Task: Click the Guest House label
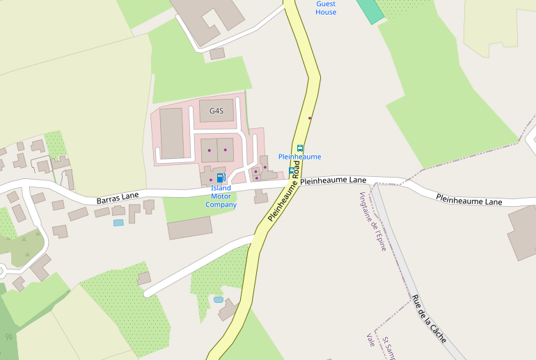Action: click(x=326, y=8)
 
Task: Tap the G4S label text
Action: click(x=216, y=111)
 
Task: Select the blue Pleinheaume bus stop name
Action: click(x=299, y=157)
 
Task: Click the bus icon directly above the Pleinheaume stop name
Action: click(x=300, y=148)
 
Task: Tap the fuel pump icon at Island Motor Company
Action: click(x=220, y=178)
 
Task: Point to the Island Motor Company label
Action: click(x=221, y=196)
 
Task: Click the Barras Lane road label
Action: click(x=118, y=198)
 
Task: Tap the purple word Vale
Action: click(x=370, y=339)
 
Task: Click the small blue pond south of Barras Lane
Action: click(x=118, y=223)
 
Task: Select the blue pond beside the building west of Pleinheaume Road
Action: click(x=219, y=299)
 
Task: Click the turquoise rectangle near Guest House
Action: click(x=370, y=10)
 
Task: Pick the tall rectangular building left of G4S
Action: click(x=171, y=132)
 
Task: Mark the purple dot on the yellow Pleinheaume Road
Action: click(x=310, y=118)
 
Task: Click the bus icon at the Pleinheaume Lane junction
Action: click(x=292, y=171)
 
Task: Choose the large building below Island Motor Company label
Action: click(x=189, y=228)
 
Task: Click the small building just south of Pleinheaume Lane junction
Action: click(x=261, y=197)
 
